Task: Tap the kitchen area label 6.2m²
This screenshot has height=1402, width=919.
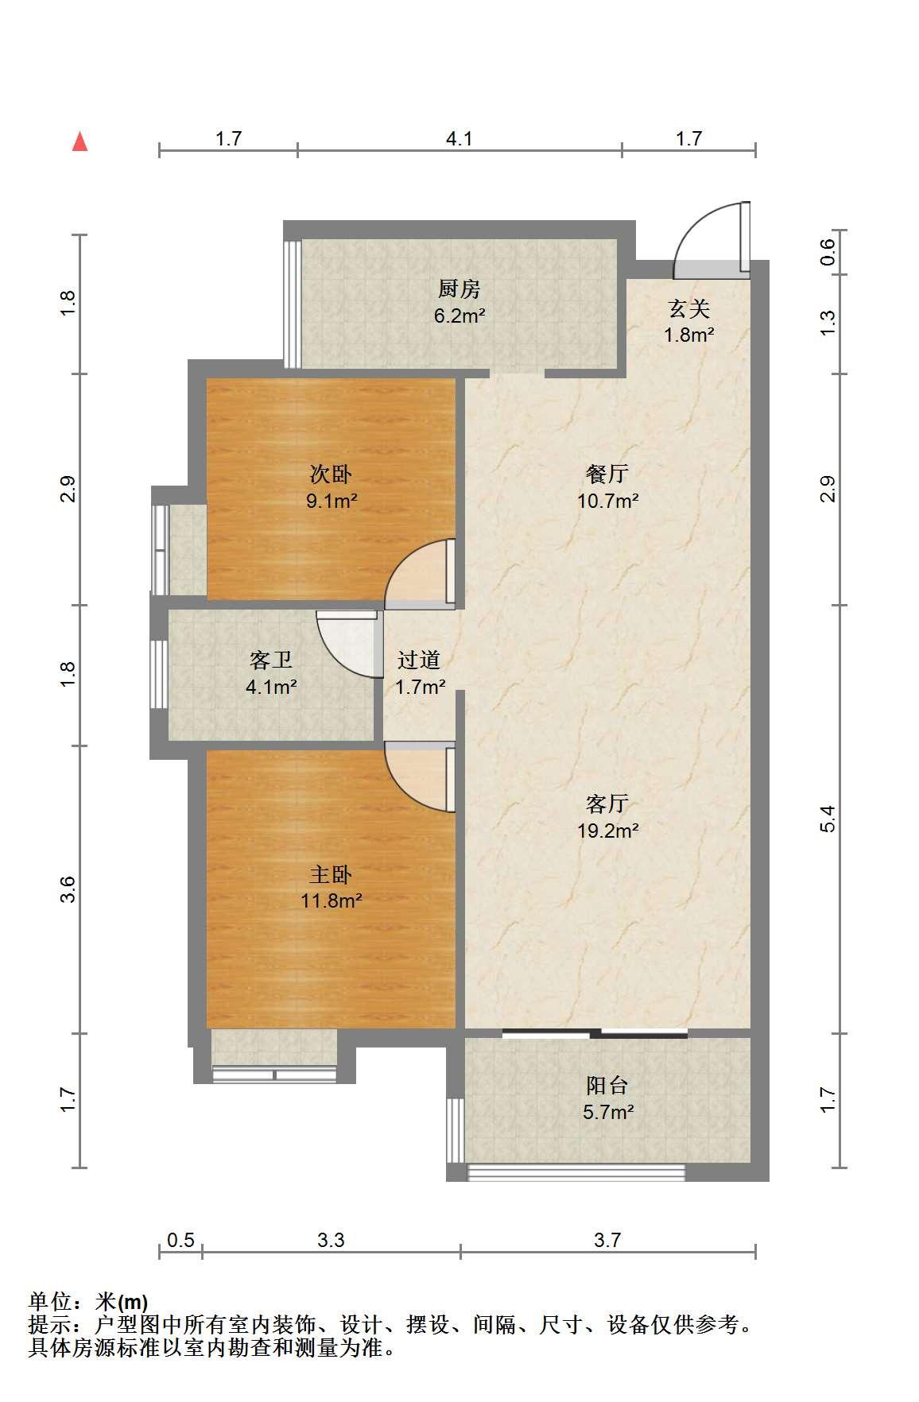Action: pos(459,316)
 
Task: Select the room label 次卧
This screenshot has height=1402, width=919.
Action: pos(331,474)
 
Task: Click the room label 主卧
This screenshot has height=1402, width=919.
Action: pos(331,875)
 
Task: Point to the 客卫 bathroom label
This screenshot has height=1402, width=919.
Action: pos(271,660)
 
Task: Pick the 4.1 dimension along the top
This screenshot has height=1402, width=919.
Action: pos(459,138)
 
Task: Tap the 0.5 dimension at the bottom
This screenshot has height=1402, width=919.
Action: pos(180,1240)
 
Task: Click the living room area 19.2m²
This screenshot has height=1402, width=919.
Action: pos(608,831)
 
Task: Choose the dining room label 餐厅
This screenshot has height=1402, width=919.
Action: pos(607,474)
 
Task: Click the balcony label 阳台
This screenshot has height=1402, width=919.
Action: pos(607,1085)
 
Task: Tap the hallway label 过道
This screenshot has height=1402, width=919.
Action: pos(419,660)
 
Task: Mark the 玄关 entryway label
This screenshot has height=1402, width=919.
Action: pos(688,308)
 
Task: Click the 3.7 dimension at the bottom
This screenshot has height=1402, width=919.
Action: pos(607,1240)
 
